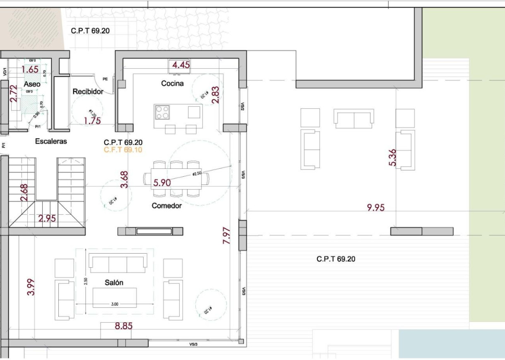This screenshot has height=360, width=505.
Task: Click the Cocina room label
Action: pos(172,84)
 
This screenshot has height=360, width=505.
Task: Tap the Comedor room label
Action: pos(166,206)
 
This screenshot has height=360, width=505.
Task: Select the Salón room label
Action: pos(114,283)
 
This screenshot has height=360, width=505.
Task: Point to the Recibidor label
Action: pos(88,91)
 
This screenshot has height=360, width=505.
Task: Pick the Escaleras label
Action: pos(51,142)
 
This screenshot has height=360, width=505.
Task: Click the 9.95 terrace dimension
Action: pos(376,208)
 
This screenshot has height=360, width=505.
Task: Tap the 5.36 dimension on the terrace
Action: pos(393,158)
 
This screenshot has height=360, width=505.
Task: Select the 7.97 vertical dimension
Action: pos(226,235)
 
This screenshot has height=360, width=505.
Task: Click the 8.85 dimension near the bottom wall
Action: pos(123,326)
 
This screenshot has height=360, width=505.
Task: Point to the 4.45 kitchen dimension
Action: pos(181,65)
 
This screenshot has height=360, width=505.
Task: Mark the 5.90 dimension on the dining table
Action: pos(162,182)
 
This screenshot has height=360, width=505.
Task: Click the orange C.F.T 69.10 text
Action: pos(123,150)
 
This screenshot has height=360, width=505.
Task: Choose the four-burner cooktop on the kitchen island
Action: pos(162,112)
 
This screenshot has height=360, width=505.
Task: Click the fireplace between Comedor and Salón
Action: pos(154,231)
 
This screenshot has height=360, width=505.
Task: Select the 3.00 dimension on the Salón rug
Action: pos(115,304)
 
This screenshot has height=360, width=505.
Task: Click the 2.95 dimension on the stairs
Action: pos(47,218)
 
